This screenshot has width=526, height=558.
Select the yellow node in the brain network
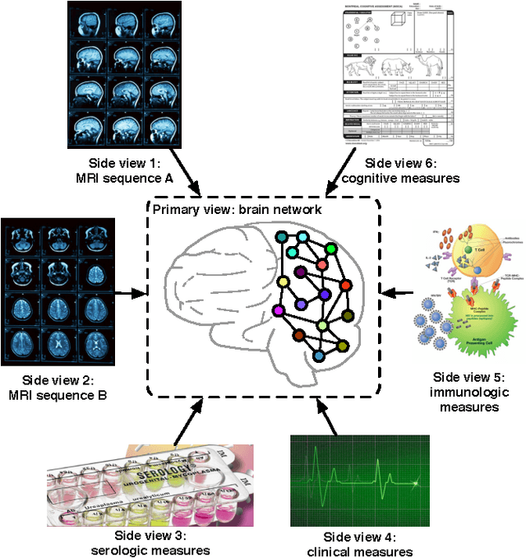pos(284,283)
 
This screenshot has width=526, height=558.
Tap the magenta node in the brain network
pos(278,310)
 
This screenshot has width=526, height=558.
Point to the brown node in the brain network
pos(299,335)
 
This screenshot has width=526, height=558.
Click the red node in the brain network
pos(346,286)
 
